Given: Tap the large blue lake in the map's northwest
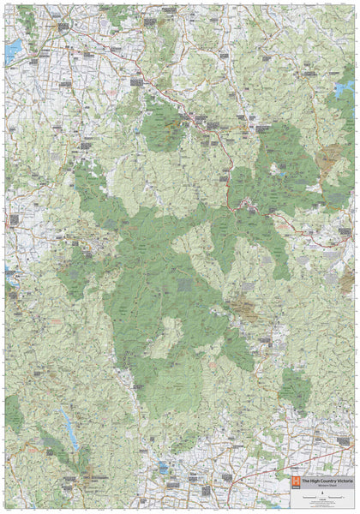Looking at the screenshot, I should coord(12,52).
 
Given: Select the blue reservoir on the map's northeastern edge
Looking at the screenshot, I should coord(345,88).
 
